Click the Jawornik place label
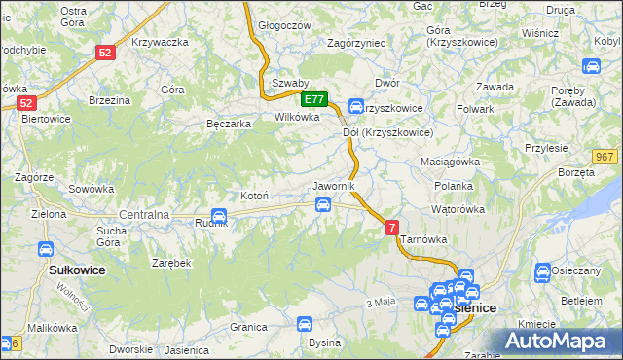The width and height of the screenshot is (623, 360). (x=334, y=185)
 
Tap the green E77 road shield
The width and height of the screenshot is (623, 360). (x=313, y=99)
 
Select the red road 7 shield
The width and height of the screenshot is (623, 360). (x=391, y=227)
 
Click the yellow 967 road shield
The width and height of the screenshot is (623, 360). (x=605, y=158)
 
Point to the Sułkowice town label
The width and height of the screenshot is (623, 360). (x=77, y=268)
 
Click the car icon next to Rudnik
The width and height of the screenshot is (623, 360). (x=219, y=216)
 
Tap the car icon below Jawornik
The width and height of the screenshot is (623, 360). (x=322, y=203)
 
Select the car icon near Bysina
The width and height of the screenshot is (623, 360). (x=305, y=324)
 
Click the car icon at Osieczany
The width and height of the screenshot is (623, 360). (x=542, y=270)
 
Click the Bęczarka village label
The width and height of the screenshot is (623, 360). (x=230, y=124)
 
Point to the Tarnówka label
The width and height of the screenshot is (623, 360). (x=423, y=238)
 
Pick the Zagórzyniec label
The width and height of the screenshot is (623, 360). (x=357, y=44)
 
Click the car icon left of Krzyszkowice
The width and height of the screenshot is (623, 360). (x=355, y=107)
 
